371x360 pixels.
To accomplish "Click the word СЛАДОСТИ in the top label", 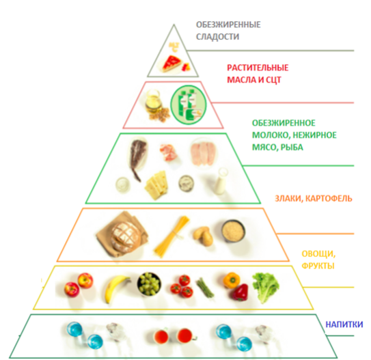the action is [x=217, y=37].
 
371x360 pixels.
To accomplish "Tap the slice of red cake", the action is [x=172, y=64].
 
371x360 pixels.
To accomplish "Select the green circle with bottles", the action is [x=189, y=105].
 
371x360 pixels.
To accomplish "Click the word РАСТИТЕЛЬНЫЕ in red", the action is [x=258, y=68].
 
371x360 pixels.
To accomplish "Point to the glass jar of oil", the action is [x=153, y=101].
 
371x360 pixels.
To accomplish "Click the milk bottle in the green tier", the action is [x=221, y=181].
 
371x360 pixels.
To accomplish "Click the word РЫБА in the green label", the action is [x=292, y=148].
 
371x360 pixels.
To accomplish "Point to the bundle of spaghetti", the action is [x=172, y=236].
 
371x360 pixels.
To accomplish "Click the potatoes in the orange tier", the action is [x=203, y=235].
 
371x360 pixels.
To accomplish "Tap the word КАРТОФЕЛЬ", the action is [x=329, y=198].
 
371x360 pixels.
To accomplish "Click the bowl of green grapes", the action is [x=149, y=283].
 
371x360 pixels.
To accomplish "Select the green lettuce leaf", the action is [x=266, y=287].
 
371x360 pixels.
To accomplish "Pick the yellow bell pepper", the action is [x=231, y=280].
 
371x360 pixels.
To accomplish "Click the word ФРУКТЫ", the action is [x=318, y=266].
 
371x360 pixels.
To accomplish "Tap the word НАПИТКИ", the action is [x=344, y=324].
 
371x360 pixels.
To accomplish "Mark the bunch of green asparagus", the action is [x=205, y=287].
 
